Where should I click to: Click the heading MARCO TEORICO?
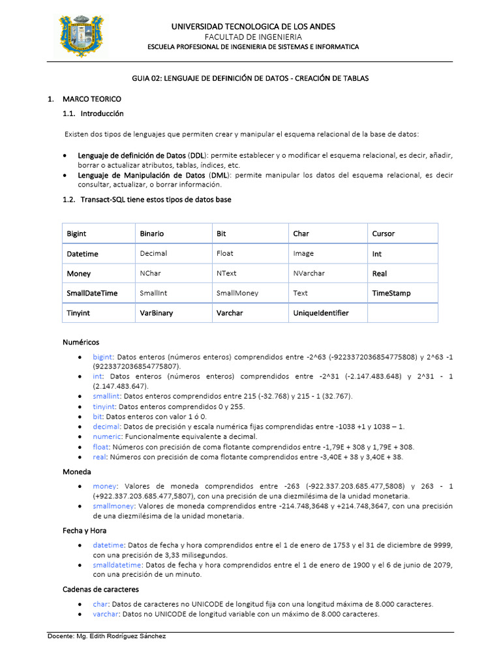tap(91, 99)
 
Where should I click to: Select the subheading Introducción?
tap(102, 114)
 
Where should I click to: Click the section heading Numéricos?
tap(81, 342)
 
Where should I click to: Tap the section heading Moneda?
tap(76, 471)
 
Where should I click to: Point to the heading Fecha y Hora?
tap(84, 530)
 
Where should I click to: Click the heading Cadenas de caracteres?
tap(100, 589)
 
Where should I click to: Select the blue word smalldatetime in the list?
tap(117, 564)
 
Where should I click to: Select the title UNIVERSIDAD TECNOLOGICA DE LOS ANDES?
tap(253, 26)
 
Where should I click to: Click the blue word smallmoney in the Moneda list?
tap(114, 506)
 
